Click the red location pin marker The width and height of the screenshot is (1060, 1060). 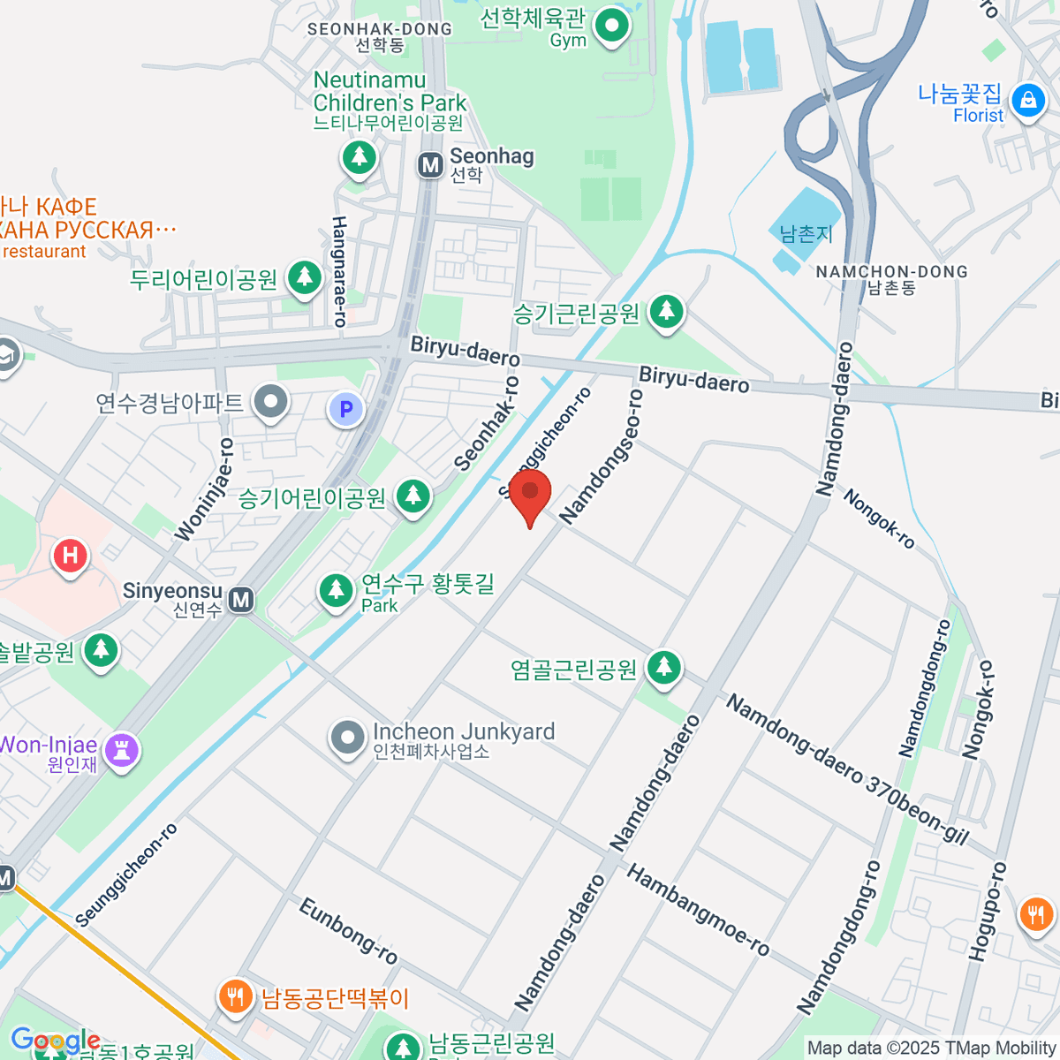coord(530,493)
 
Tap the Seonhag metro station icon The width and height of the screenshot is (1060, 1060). coord(430,164)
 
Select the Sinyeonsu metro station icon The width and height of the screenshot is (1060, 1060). coord(240,601)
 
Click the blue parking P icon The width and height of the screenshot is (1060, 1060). coord(346,409)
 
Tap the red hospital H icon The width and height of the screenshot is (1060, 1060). coord(70,556)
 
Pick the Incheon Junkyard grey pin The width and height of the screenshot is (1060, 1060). coord(347,738)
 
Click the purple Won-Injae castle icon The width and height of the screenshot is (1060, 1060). coord(121,751)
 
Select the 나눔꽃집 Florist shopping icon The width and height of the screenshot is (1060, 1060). coord(1027,100)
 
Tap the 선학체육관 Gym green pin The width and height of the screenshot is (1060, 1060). coord(610,26)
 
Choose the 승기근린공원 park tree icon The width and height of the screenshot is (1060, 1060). coord(667,312)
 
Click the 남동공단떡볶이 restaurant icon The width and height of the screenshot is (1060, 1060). coord(234,998)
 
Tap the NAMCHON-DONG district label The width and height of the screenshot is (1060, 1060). coord(891,272)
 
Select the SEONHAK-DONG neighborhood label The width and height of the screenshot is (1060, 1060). coord(379,29)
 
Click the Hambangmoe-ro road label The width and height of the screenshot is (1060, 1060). coord(698,910)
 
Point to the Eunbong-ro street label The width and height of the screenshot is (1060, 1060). coord(348,931)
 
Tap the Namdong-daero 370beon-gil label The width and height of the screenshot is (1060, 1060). coord(847,769)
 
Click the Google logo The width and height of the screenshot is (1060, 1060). coord(55,1041)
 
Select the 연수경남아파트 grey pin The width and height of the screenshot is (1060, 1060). coord(271,403)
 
